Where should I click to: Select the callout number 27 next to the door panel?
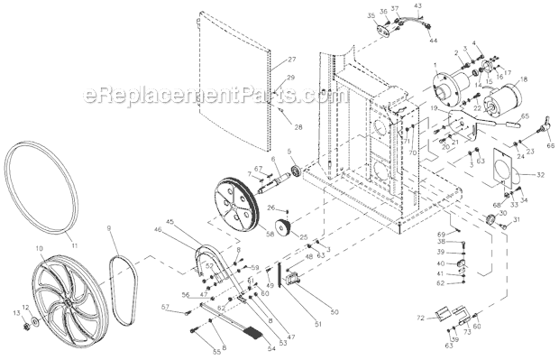tap(291, 60)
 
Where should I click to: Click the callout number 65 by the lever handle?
tap(526, 116)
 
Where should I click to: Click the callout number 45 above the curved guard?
tap(170, 221)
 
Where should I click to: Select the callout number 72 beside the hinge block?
tap(420, 318)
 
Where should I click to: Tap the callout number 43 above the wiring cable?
tap(417, 5)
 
